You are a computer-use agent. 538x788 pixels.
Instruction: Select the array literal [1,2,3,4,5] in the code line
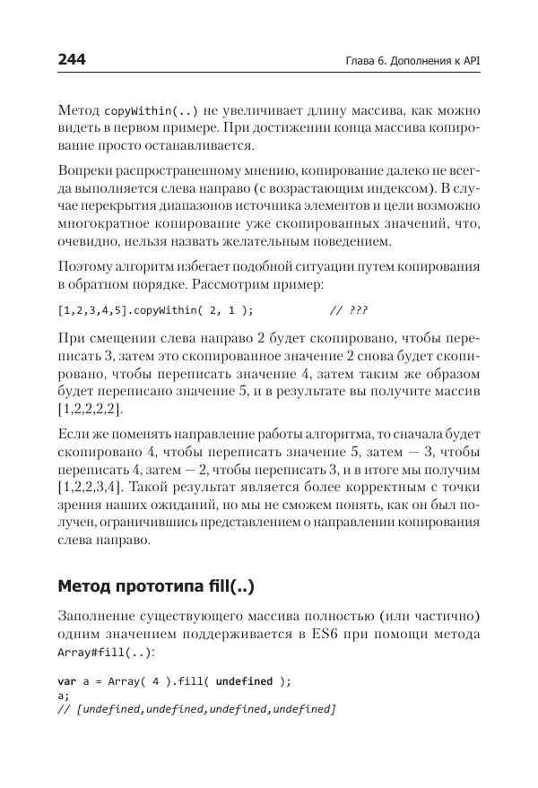click(x=87, y=310)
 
